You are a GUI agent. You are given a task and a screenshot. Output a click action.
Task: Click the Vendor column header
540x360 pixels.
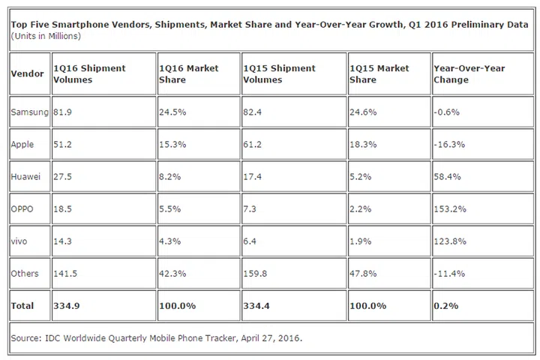click(x=27, y=74)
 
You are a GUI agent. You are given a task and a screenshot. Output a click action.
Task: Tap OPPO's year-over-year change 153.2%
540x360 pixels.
click(x=451, y=208)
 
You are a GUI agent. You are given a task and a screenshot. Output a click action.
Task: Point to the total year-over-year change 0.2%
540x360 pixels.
click(x=445, y=306)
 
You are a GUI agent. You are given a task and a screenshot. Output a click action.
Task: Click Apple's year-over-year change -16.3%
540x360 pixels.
click(x=451, y=144)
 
